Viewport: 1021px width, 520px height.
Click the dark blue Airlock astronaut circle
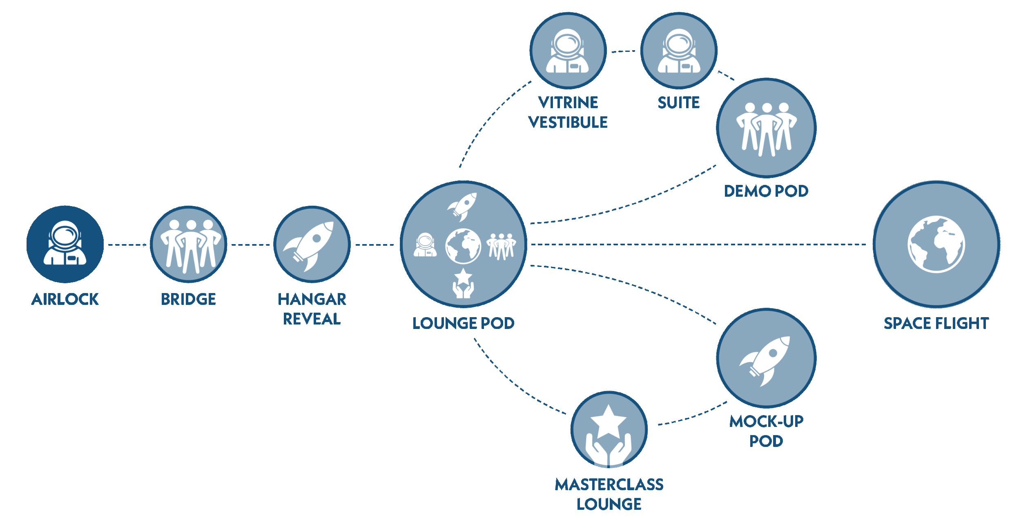click(x=65, y=244)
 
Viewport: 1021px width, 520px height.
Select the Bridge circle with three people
click(x=189, y=244)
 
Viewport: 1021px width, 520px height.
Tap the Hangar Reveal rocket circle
click(x=312, y=244)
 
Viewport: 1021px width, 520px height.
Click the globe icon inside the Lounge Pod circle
click(x=463, y=246)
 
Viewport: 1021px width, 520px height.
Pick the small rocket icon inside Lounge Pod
click(x=462, y=207)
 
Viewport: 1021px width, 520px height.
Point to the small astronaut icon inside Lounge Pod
click(x=425, y=245)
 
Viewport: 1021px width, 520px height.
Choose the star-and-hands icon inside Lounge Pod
click(x=463, y=283)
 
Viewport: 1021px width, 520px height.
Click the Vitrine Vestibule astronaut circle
click(x=568, y=51)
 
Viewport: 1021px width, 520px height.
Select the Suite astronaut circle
click(x=679, y=51)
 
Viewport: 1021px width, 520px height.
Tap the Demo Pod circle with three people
click(x=766, y=128)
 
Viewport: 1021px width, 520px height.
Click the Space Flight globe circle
click(x=936, y=244)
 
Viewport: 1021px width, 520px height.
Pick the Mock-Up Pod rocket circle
click(x=766, y=358)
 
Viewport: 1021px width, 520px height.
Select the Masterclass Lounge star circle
click(x=609, y=429)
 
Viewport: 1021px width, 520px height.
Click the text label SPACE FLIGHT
click(x=936, y=323)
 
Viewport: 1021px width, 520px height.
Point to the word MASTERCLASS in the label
click(x=609, y=484)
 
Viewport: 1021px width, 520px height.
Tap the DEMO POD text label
click(x=766, y=191)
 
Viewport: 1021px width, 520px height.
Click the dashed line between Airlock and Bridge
click(x=127, y=245)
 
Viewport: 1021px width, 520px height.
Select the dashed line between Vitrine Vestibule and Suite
click(x=623, y=51)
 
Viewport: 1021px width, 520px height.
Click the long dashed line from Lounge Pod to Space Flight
click(x=698, y=244)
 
